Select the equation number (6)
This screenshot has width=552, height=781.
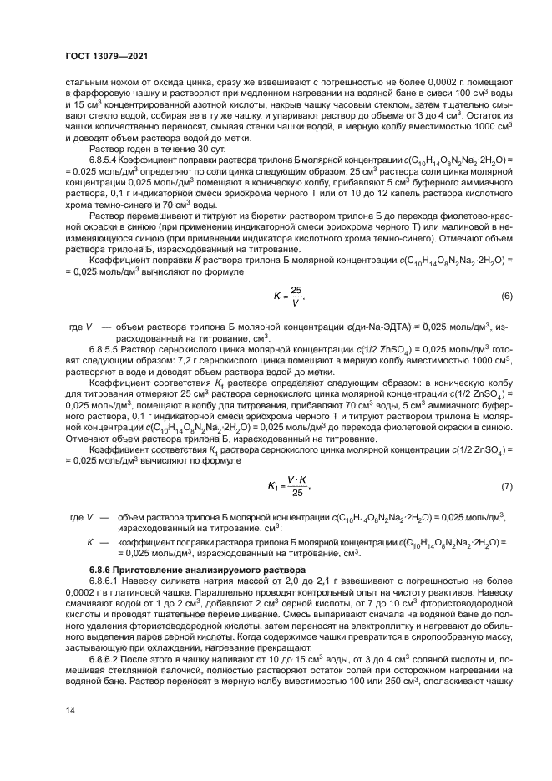pyautogui.click(x=506, y=297)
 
